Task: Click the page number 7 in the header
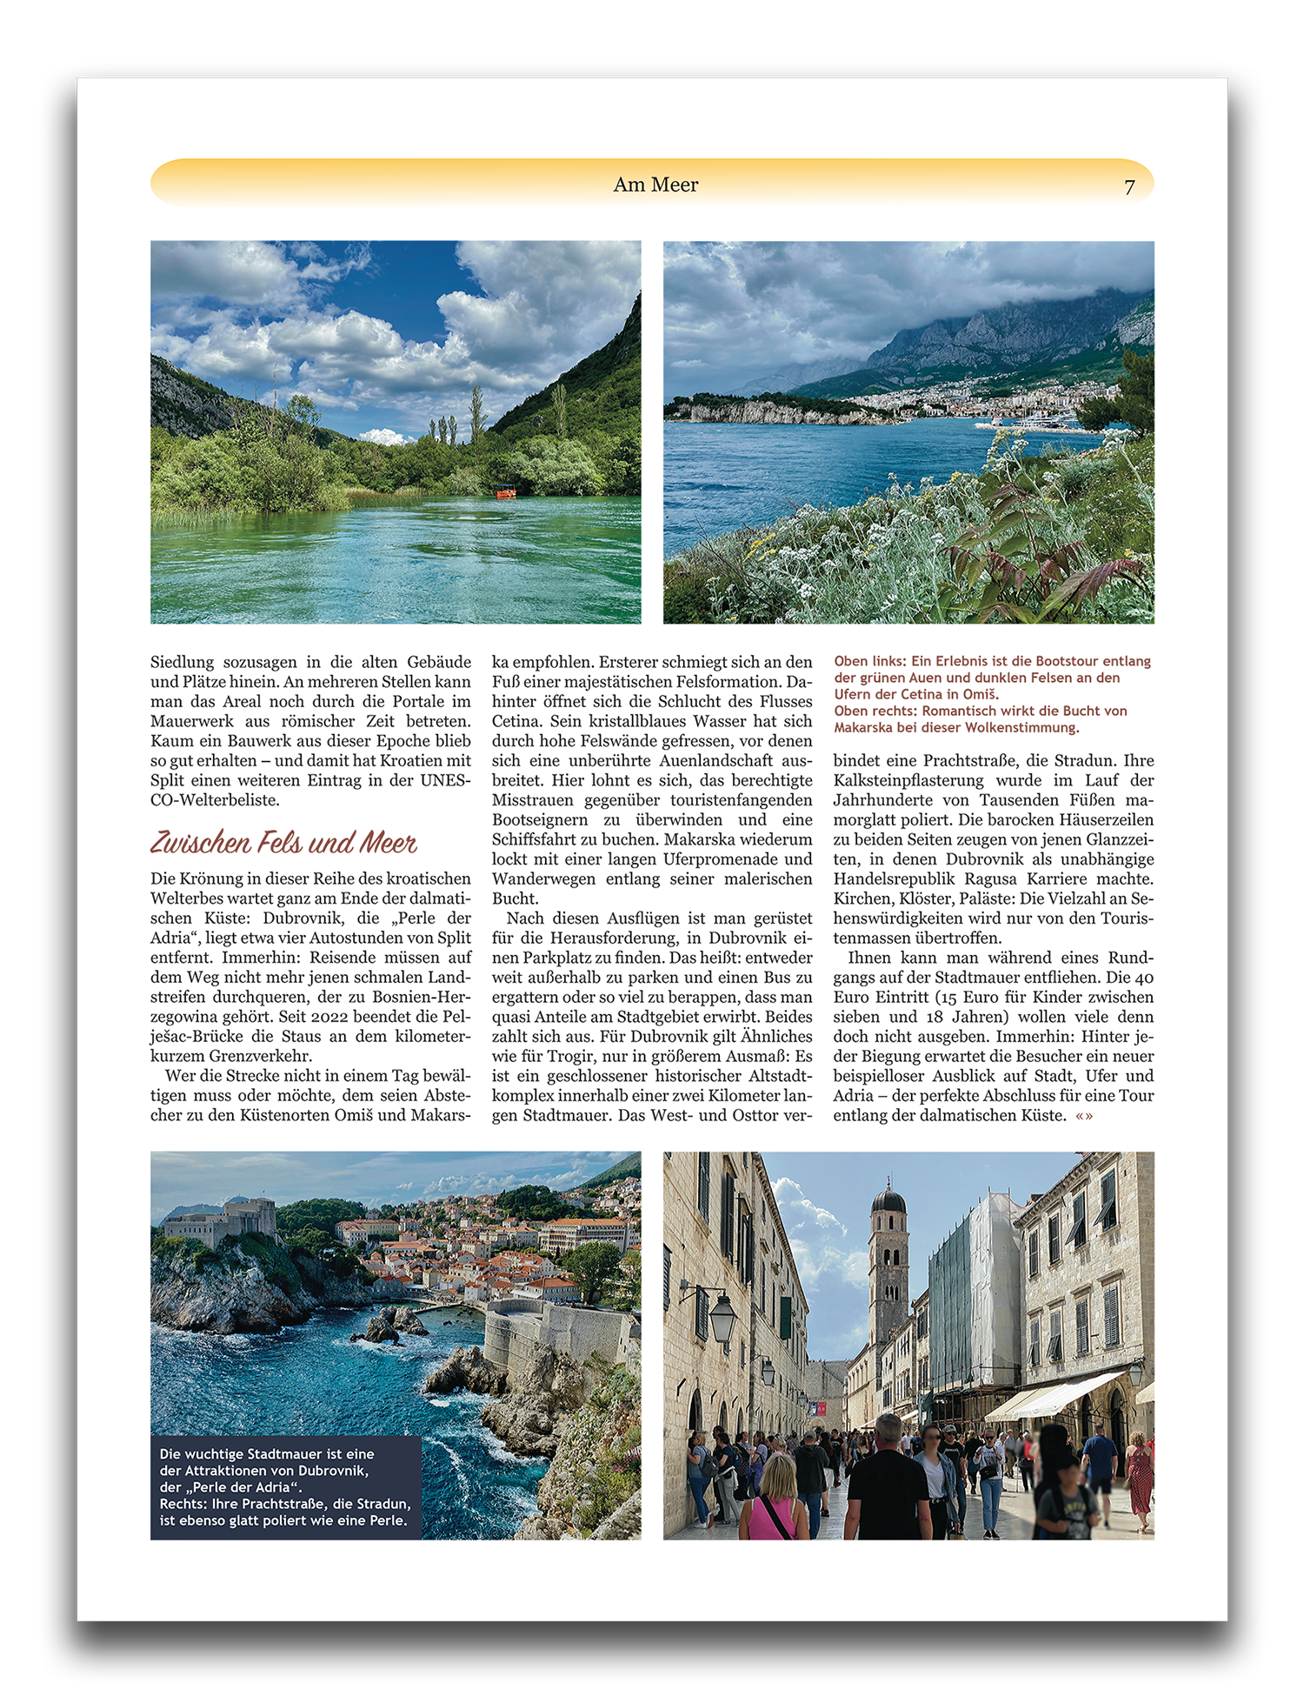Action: pyautogui.click(x=1129, y=187)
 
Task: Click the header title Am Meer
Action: pyautogui.click(x=655, y=184)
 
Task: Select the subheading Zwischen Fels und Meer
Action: pyautogui.click(x=283, y=842)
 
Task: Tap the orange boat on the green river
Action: pyautogui.click(x=506, y=492)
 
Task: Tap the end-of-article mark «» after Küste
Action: pyautogui.click(x=1084, y=1116)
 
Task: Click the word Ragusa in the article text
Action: pyautogui.click(x=994, y=879)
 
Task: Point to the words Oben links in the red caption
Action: pyautogui.click(x=869, y=661)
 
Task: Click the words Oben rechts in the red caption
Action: pyautogui.click(x=875, y=711)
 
